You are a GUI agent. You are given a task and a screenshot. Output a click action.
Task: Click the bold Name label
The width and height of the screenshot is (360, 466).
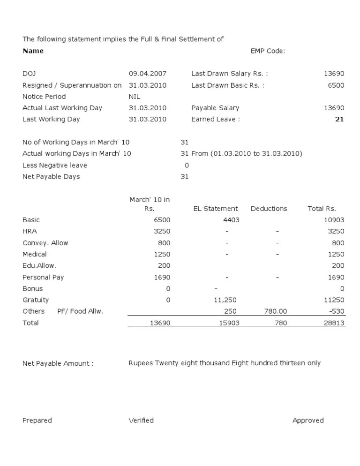[x=33, y=51]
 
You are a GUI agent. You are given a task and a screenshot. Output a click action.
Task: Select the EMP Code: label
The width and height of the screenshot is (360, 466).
[x=268, y=51]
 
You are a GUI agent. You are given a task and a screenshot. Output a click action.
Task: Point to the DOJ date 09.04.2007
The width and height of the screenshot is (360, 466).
[x=147, y=74]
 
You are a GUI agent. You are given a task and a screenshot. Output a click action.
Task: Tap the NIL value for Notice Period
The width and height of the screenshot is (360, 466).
[x=135, y=97]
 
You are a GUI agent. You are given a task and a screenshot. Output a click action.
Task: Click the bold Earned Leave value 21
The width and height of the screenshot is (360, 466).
[x=339, y=119]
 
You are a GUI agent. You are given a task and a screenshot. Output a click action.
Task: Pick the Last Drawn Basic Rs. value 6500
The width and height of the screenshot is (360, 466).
[x=336, y=85]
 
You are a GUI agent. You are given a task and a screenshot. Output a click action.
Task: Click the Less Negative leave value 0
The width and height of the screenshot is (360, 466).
[x=187, y=165]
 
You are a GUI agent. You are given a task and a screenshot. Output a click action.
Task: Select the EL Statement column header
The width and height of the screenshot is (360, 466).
[x=216, y=209]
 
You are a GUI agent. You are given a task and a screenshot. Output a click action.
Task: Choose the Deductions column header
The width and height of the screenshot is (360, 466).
[x=269, y=209]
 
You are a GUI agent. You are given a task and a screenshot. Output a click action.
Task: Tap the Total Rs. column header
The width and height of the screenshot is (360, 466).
[x=322, y=209]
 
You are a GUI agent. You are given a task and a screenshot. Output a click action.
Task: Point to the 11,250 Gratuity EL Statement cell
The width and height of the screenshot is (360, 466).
[x=225, y=300]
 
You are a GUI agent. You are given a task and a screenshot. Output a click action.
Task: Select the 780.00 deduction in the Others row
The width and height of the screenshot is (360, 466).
[x=276, y=311]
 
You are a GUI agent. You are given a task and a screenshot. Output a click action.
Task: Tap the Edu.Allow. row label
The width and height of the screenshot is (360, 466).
[x=39, y=265]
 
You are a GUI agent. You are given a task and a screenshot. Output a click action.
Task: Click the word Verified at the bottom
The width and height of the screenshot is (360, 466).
[x=141, y=421]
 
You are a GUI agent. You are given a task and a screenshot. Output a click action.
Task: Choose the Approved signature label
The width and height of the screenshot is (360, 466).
[x=308, y=421]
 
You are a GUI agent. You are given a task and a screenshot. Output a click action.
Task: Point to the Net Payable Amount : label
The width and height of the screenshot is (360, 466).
[x=58, y=363]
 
